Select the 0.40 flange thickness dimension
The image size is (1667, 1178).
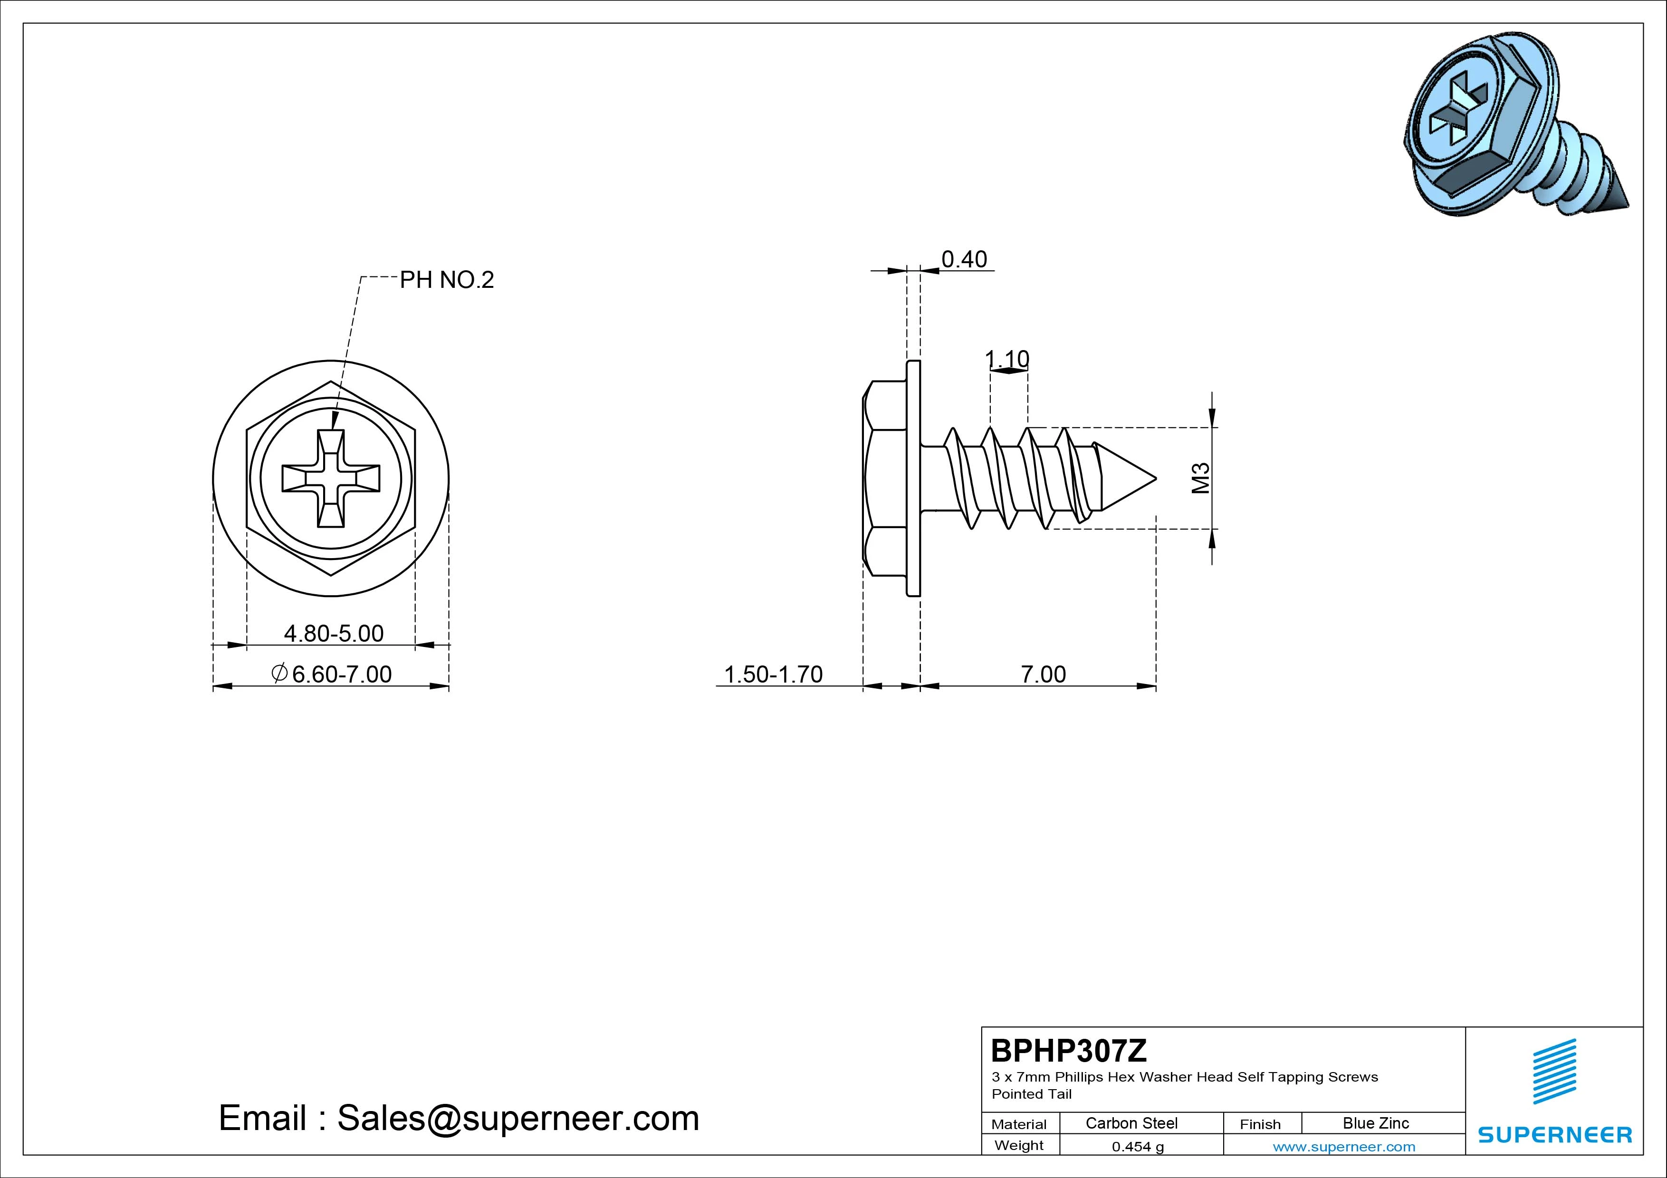964,259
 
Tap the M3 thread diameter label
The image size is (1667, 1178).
1202,478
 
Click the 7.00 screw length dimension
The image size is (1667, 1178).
1044,674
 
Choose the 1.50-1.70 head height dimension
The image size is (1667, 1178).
773,674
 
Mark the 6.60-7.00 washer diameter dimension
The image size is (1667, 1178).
331,674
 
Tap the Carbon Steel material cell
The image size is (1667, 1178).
1131,1123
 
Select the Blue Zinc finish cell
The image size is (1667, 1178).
1376,1123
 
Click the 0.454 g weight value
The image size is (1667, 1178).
1138,1147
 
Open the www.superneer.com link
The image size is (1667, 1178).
1344,1147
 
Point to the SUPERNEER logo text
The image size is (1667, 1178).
1555,1134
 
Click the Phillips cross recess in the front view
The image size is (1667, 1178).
331,478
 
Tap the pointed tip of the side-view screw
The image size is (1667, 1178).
1156,478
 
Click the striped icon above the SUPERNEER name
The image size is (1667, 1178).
1554,1071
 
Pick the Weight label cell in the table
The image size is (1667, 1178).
1019,1145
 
